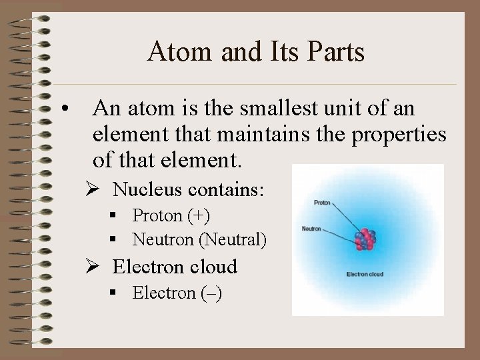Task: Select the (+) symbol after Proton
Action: coord(198,216)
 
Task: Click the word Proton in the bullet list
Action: coord(157,216)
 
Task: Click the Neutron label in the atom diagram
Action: coord(312,229)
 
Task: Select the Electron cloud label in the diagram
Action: coord(365,274)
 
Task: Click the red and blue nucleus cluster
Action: coord(365,239)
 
